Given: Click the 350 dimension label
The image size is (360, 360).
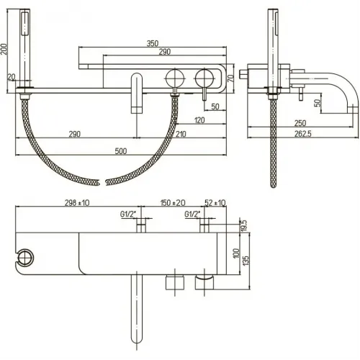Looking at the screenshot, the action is coord(153,43).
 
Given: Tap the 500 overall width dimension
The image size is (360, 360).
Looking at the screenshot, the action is coord(121,151).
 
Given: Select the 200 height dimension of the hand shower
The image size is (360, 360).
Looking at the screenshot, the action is coord(4,49).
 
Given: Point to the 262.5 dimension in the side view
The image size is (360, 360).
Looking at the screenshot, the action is coord(303,134).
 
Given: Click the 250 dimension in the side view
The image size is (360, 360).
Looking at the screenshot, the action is coord(300,123).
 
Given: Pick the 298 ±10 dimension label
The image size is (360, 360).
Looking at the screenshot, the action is coord(77,203).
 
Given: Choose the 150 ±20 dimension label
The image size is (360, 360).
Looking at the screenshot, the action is coord(173,203).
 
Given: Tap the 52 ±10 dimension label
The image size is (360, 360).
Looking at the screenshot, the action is coord(215,203).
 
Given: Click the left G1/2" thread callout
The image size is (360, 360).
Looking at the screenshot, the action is coord(127,214).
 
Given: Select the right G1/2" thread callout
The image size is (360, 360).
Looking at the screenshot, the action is coord(192,214).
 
